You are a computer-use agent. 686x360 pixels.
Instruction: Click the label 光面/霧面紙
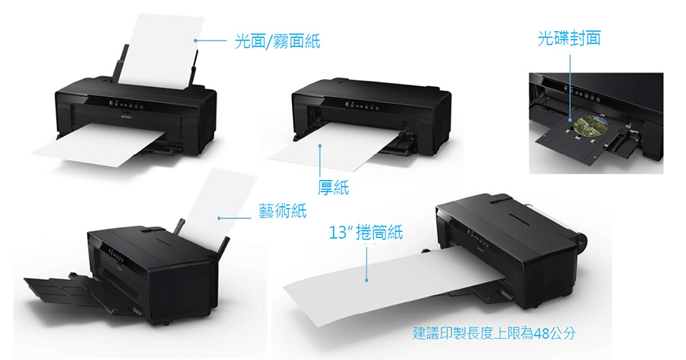point(277,41)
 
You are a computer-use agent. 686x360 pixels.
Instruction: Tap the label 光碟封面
point(569,38)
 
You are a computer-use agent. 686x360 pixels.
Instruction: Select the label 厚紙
point(333,188)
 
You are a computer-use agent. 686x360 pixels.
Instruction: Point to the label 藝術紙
point(283,211)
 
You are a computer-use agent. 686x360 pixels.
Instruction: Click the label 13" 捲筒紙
point(366,232)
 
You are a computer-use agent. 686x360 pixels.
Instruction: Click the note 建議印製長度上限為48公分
point(494,333)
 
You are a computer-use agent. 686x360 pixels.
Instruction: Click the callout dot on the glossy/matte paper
point(196,40)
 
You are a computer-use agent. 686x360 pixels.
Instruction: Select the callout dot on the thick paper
point(320,146)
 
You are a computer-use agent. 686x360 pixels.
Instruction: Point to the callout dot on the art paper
point(219,217)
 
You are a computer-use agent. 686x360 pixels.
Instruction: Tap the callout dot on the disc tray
point(570,120)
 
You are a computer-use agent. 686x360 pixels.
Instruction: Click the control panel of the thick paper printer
point(362,105)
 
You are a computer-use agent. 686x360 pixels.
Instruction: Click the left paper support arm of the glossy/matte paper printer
point(120,64)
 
